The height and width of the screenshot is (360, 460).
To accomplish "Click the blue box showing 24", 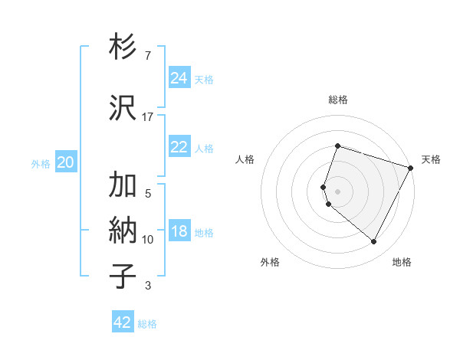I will [x=179, y=78].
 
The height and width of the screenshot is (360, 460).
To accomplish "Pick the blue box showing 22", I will [x=179, y=147].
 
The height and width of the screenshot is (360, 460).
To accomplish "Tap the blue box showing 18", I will [x=179, y=232].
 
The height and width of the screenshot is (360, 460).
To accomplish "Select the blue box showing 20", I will [x=66, y=162].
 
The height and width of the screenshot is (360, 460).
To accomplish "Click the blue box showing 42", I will [x=123, y=322].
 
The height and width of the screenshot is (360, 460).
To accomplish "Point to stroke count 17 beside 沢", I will [x=148, y=116].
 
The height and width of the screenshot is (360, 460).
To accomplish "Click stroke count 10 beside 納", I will [x=148, y=240].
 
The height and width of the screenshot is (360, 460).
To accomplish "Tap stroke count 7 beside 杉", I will [x=148, y=56].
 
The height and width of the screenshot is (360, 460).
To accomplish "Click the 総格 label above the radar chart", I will [x=337, y=100].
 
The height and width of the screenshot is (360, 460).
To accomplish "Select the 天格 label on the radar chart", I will [x=432, y=159].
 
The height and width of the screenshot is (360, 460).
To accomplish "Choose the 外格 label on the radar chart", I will [x=270, y=262].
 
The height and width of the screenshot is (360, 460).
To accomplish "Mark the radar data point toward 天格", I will [x=412, y=168].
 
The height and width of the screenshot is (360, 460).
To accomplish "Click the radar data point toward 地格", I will [x=374, y=242].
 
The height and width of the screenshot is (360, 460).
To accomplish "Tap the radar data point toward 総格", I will [x=337, y=146].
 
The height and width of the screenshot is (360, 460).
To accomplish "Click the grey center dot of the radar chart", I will [x=337, y=191].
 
